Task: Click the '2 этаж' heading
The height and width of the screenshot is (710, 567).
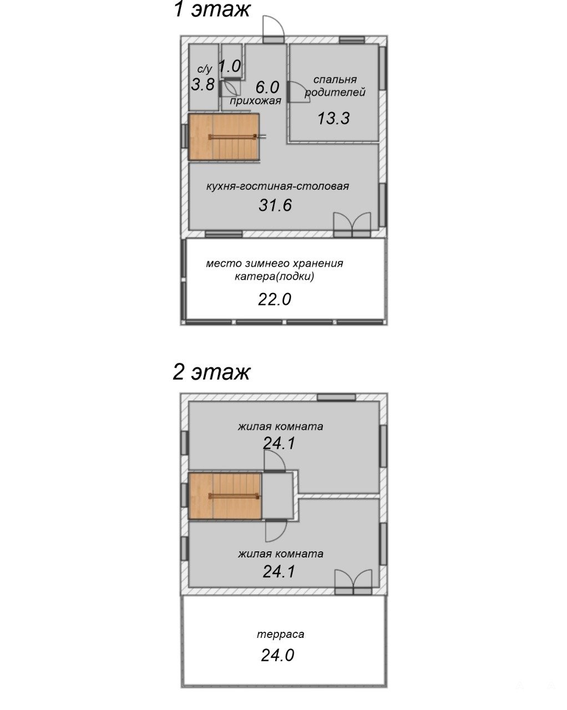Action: (211, 372)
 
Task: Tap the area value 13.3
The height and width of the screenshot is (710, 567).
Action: (333, 118)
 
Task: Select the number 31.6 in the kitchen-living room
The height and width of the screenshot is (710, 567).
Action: (275, 205)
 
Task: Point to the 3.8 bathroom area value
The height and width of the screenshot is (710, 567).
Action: (202, 84)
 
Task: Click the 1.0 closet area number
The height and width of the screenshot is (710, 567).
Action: (229, 67)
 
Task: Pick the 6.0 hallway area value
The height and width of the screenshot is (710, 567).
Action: (267, 88)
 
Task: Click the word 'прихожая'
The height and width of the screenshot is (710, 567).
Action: (255, 100)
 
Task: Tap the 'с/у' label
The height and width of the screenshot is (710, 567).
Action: (205, 69)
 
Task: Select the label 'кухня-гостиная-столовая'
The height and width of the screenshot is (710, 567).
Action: (277, 186)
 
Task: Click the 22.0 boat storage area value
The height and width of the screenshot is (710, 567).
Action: (275, 300)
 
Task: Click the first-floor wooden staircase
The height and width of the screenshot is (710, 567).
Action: (224, 137)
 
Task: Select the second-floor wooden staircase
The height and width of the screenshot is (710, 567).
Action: (225, 496)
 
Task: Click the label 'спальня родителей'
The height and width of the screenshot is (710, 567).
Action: (335, 86)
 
